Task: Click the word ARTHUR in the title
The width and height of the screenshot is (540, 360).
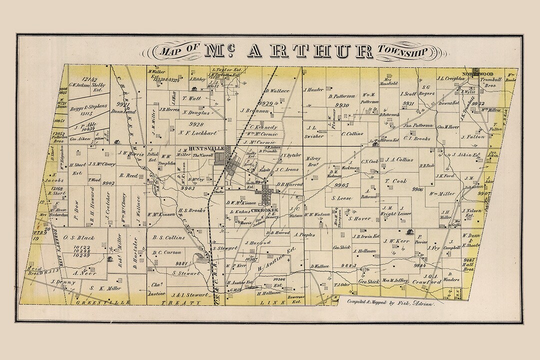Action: tap(310, 51)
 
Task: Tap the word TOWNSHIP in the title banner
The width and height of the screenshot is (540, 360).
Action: tap(402, 51)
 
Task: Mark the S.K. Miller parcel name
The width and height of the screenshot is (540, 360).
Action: tap(105, 288)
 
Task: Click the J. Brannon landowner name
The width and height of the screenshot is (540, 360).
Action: tap(255, 110)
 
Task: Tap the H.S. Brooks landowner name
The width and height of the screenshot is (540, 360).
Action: tap(192, 210)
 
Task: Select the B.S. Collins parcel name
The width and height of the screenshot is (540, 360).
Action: tap(168, 237)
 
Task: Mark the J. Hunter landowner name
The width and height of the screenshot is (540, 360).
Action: tap(313, 90)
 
